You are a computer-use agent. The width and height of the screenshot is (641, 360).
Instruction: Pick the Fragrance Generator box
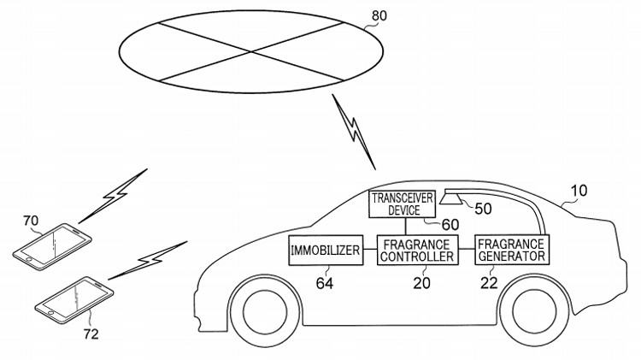[511, 249]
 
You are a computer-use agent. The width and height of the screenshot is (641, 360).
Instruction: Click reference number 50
[483, 208]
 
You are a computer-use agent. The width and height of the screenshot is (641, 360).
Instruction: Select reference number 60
[450, 224]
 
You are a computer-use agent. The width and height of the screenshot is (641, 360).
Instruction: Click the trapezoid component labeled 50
[452, 200]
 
